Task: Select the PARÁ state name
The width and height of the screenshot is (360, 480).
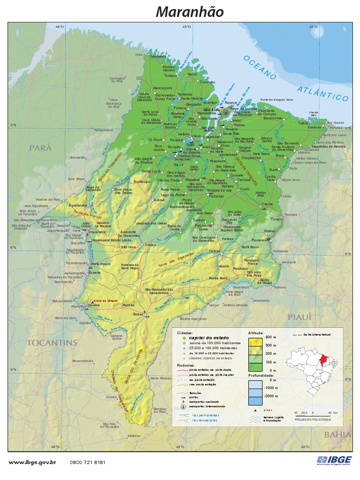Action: click(39, 148)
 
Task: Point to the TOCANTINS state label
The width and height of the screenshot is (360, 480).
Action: click(52, 342)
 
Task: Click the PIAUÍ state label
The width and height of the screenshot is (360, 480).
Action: click(300, 317)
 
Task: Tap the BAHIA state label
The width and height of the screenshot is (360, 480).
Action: click(337, 435)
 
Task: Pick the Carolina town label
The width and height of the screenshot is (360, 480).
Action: click(94, 305)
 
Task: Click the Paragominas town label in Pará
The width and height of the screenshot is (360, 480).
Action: click(104, 130)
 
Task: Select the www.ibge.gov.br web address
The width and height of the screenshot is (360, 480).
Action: click(33, 462)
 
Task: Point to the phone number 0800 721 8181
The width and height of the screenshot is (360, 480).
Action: click(88, 462)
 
